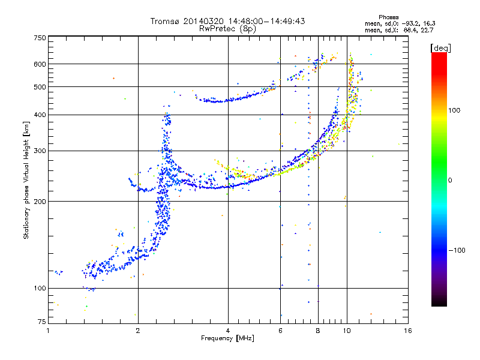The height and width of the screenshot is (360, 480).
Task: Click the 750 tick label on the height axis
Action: tap(40, 37)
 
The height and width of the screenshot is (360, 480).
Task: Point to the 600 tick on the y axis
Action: tap(40, 64)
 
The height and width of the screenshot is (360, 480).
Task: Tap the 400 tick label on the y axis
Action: tap(40, 115)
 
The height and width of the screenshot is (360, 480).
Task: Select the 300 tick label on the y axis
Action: tap(40, 151)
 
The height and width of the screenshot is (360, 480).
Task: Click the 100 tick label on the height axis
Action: tap(40, 289)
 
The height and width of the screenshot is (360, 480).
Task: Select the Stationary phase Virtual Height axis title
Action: tap(27, 180)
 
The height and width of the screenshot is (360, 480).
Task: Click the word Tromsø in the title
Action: tap(166, 21)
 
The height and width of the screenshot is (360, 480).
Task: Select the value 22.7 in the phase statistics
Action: tap(427, 29)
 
